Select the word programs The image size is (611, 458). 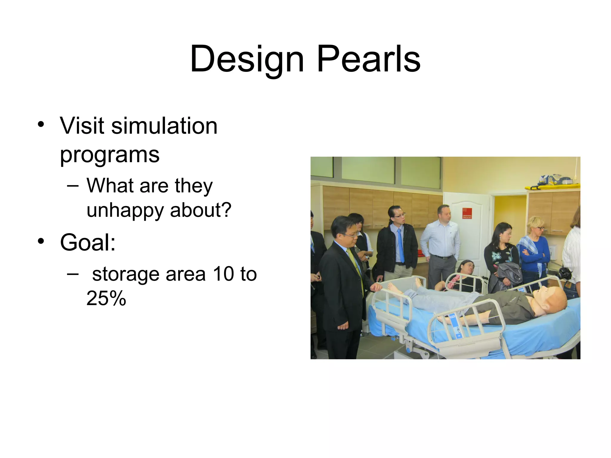tap(110, 155)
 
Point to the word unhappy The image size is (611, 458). tap(125, 210)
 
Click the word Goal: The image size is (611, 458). tap(88, 242)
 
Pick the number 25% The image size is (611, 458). tap(106, 298)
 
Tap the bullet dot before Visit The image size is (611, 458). tap(41, 124)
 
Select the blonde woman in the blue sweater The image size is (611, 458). tap(534, 250)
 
